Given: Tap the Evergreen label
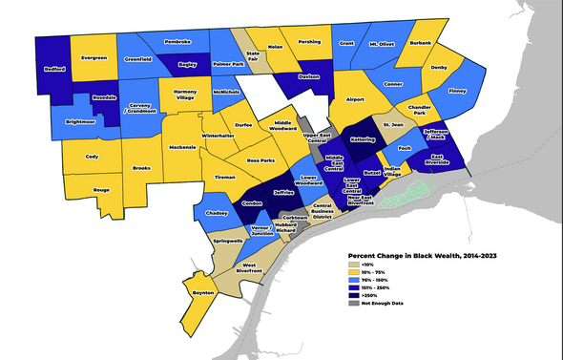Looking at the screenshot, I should click(x=94, y=57).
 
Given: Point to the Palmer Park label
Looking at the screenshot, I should click(x=228, y=65).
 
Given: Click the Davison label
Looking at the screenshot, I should click(x=308, y=76).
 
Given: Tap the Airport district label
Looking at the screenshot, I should click(x=356, y=98).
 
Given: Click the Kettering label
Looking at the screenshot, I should click(x=361, y=139).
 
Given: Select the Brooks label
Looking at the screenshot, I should click(x=140, y=168).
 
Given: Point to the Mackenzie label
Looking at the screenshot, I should click(x=183, y=148).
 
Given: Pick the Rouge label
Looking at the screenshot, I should click(x=102, y=190).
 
